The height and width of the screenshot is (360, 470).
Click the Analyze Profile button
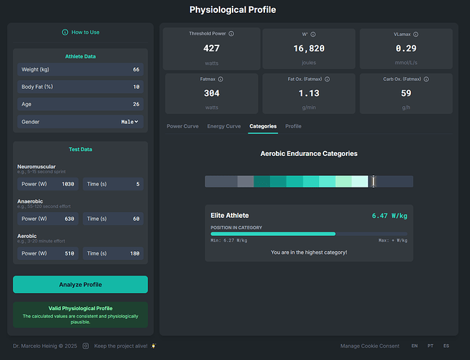[x=80, y=284]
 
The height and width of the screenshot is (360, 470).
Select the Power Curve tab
[x=183, y=126]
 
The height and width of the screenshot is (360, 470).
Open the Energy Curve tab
[x=224, y=126]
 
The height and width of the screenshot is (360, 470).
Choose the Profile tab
[x=293, y=126]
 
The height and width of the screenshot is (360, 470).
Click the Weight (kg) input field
[x=80, y=69]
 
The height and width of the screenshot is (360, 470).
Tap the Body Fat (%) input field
[x=80, y=87]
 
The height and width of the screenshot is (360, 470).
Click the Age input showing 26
[x=80, y=104]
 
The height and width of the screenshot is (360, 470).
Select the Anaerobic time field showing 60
[x=113, y=219]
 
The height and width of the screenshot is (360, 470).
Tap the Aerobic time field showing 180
[x=113, y=253]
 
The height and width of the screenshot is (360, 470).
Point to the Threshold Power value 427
[x=212, y=49]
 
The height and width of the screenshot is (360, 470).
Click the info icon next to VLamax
[x=416, y=34]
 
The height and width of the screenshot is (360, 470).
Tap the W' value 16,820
[x=309, y=49]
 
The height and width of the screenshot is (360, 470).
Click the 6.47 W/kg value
[x=389, y=216]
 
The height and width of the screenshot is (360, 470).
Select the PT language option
[x=430, y=346]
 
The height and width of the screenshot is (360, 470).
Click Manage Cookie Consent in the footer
[x=369, y=346]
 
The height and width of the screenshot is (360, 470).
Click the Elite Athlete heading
[x=230, y=216]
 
